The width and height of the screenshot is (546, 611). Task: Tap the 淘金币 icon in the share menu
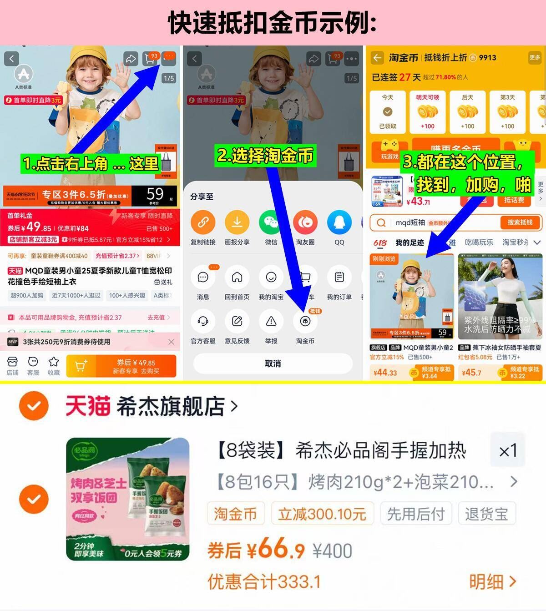tap(305, 322)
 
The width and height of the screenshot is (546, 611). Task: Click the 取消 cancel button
tap(273, 364)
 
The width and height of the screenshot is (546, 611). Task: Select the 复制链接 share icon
tap(203, 222)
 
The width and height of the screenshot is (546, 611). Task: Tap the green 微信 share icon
tap(271, 222)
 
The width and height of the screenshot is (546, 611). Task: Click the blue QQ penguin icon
tap(339, 222)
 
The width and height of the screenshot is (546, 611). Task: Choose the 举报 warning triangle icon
tap(271, 322)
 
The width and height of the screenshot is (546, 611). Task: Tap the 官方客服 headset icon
tap(203, 322)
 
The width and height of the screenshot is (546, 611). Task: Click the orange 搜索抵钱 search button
tap(519, 222)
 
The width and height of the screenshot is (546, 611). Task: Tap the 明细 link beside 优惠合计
tap(492, 581)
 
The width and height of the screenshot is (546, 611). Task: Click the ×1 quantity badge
tap(508, 451)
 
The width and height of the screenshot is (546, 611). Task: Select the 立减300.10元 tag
tap(322, 514)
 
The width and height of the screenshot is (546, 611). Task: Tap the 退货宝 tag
tap(486, 514)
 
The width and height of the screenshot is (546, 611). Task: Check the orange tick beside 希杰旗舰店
tap(34, 405)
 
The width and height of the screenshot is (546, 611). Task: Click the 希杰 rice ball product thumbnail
tap(127, 499)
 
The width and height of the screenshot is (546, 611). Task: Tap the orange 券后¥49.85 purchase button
tap(121, 366)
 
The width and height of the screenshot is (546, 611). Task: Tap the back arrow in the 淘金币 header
tap(377, 58)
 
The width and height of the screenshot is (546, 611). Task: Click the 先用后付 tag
tap(415, 514)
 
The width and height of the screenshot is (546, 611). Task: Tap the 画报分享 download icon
tap(237, 222)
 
